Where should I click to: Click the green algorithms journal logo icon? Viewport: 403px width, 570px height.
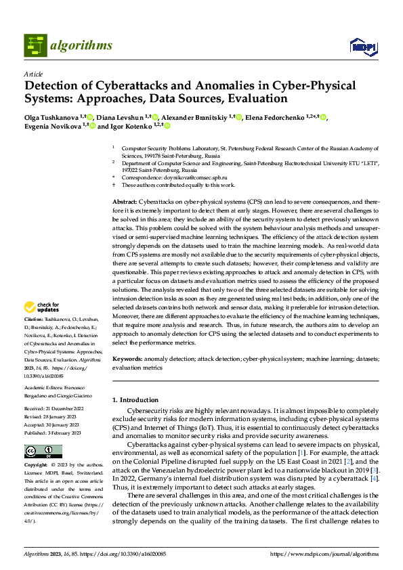[36, 45]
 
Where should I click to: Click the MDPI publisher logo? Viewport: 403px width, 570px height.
[362, 46]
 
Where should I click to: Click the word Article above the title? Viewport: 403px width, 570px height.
[33, 74]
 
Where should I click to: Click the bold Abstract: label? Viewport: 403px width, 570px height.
[125, 202]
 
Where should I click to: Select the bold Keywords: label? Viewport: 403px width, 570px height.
[127, 359]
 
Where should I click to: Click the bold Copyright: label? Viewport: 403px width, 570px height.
[35, 466]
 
